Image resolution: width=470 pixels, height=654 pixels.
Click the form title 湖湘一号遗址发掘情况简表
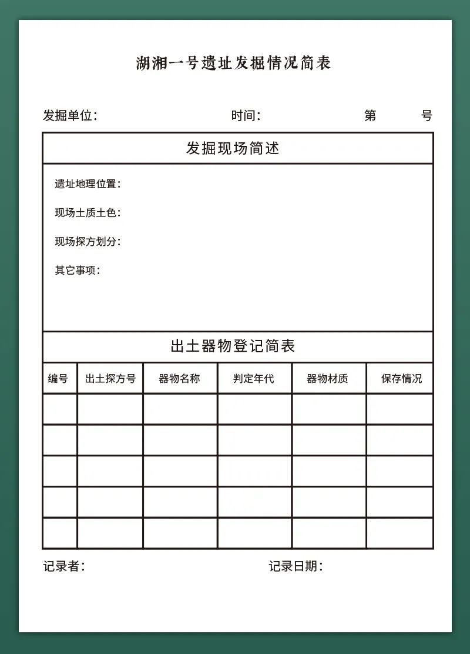click(x=233, y=63)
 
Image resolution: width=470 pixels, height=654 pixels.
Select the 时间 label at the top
click(x=245, y=115)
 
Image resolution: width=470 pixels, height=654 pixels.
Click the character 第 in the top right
click(x=370, y=115)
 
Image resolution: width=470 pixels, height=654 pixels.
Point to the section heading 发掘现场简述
click(x=233, y=148)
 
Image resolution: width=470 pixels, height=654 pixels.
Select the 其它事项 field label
click(x=76, y=270)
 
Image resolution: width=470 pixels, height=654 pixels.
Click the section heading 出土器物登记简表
click(x=233, y=346)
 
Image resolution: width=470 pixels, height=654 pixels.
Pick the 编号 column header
click(x=58, y=378)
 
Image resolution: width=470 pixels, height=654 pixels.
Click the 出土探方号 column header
click(x=110, y=378)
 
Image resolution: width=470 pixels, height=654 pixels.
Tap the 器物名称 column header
click(x=179, y=378)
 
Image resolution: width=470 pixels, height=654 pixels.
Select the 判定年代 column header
click(x=254, y=378)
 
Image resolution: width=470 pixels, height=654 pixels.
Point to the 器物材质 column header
click(x=328, y=378)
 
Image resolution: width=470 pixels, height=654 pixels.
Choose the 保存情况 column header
click(x=401, y=378)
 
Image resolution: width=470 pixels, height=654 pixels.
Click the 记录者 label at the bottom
click(x=63, y=566)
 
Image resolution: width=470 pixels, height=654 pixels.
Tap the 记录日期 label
click(x=295, y=566)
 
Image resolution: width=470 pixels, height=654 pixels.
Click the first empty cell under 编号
click(x=60, y=409)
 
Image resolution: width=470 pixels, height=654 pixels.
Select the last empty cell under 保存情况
click(x=399, y=533)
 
